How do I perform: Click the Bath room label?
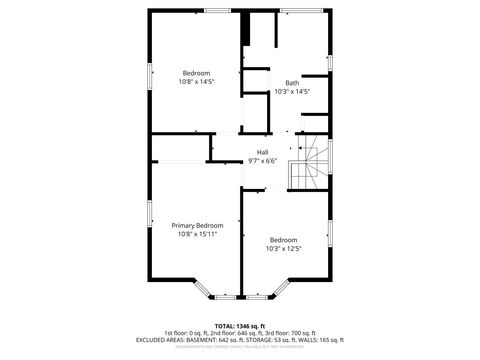tap(291, 83)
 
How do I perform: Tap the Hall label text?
tap(262, 152)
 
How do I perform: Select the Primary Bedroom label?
tap(196, 226)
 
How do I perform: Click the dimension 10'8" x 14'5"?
tap(196, 81)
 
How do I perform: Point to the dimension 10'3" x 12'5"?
tap(283, 248)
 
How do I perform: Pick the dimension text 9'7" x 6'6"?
tap(262, 161)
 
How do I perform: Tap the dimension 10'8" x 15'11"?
tap(196, 235)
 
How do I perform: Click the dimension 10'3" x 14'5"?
tap(291, 92)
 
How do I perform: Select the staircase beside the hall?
tap(307, 164)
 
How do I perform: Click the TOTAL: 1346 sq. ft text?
tap(239, 326)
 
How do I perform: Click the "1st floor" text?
tap(178, 333)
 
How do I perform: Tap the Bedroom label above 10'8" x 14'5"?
tap(196, 72)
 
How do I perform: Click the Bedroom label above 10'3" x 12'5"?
tap(283, 239)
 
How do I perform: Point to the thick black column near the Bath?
tap(245, 29)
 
